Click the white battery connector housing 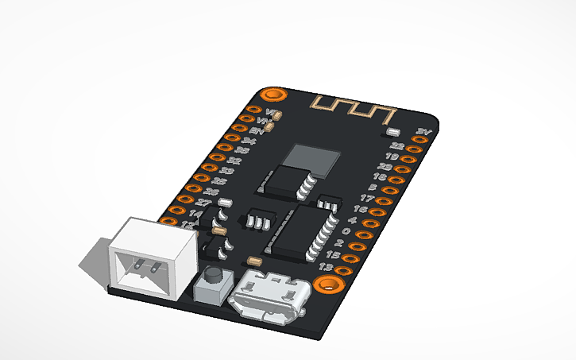click(151, 259)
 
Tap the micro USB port click(266, 299)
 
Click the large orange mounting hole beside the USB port click(326, 284)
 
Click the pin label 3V click(423, 131)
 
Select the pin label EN click(257, 130)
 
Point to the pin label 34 click(248, 141)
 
